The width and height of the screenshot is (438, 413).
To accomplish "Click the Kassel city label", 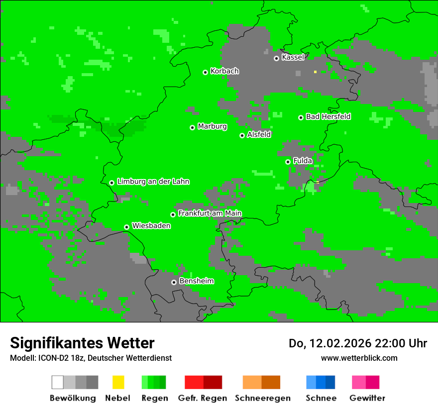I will click(x=293, y=57).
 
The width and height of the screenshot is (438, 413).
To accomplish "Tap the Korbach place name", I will click(x=224, y=71).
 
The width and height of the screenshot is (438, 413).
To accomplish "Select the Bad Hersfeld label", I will click(x=328, y=116).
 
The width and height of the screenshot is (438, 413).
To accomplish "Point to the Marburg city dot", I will click(x=192, y=127).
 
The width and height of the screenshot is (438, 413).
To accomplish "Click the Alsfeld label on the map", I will click(x=259, y=134).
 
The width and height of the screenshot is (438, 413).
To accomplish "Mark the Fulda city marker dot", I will click(x=288, y=162).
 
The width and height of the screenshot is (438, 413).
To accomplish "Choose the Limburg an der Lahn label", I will click(x=153, y=182).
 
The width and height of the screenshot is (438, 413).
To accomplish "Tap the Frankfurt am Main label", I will click(x=210, y=213).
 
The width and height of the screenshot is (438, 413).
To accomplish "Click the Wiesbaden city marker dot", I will click(x=126, y=227).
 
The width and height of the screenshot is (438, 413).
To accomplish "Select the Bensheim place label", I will click(x=196, y=281).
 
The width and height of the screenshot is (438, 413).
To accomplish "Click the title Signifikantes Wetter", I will click(x=82, y=343).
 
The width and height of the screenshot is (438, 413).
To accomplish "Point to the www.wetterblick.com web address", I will click(x=359, y=358).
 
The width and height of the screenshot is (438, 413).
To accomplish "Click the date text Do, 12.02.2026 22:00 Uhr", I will click(x=357, y=343).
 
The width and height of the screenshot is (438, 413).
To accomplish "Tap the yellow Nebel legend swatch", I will click(x=118, y=382).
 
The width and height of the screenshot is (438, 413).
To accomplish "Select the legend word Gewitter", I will click(x=367, y=398).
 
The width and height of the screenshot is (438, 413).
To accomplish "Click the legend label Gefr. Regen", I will click(x=202, y=398).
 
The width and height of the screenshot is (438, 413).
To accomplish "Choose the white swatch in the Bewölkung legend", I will click(x=58, y=382).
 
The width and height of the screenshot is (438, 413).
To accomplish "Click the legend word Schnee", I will click(x=321, y=398).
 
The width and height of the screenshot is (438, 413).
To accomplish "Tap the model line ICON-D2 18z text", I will click(x=91, y=358).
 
